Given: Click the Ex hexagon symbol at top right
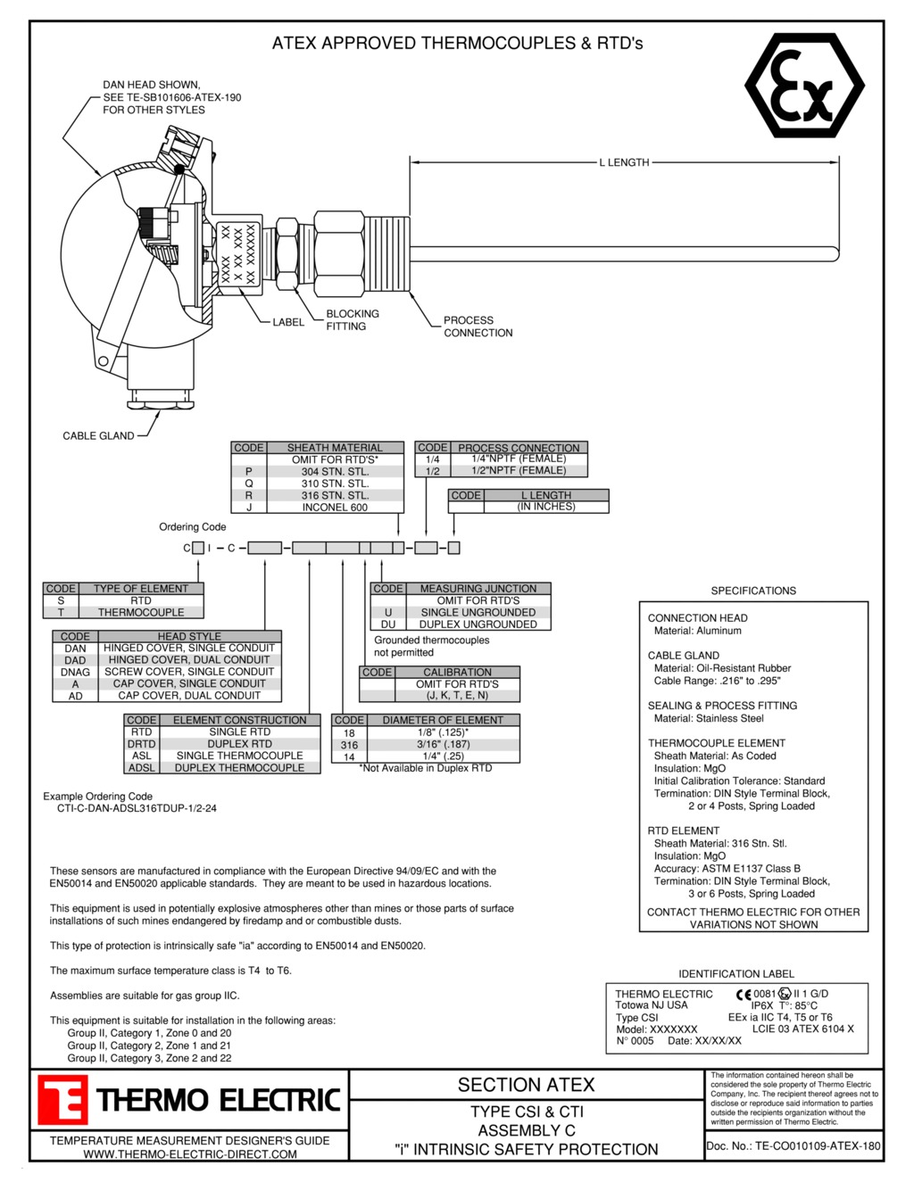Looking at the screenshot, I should pyautogui.click(x=804, y=86).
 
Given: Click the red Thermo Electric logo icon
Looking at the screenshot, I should pyautogui.click(x=62, y=1100).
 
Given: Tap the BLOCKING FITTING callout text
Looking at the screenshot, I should pyautogui.click(x=352, y=320).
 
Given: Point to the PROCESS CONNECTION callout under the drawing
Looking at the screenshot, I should pyautogui.click(x=478, y=326).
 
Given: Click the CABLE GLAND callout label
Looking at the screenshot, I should pyautogui.click(x=98, y=436).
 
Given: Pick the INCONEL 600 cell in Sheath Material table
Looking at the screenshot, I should pyautogui.click(x=334, y=508).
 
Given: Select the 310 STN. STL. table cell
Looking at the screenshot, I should pyautogui.click(x=334, y=484).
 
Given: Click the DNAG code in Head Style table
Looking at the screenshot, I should pyautogui.click(x=75, y=673).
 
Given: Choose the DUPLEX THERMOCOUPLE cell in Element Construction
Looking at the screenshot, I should pyautogui.click(x=239, y=768).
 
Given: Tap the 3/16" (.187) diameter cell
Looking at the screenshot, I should pyautogui.click(x=443, y=744).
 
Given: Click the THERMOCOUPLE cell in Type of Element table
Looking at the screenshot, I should pyautogui.click(x=141, y=613).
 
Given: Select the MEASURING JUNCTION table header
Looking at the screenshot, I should pyautogui.click(x=478, y=589).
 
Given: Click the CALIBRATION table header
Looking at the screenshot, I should pyautogui.click(x=457, y=673).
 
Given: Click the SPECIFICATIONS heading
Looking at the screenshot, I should pyautogui.click(x=753, y=591).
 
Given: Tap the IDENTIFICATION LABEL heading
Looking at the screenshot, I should pyautogui.click(x=735, y=974).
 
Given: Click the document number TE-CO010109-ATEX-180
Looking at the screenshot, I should pyautogui.click(x=793, y=1146).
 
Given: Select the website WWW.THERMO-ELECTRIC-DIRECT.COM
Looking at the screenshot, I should pyautogui.click(x=190, y=1154).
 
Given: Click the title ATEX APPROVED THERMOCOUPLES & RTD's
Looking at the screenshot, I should pyautogui.click(x=457, y=43).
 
